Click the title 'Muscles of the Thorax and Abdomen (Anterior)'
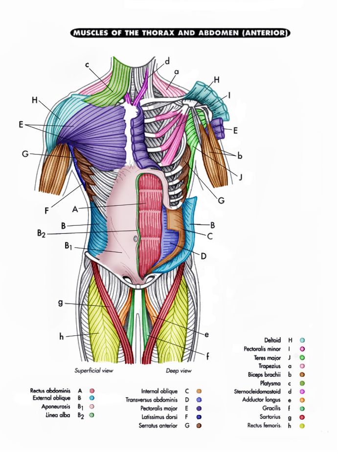click(x=180, y=33)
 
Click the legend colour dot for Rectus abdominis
click(x=92, y=391)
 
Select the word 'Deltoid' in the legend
click(x=272, y=340)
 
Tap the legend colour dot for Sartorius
click(x=302, y=417)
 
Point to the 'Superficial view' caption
click(x=94, y=370)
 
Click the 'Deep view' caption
click(x=179, y=370)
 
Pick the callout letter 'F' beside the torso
click(x=46, y=211)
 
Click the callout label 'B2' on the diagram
click(x=41, y=234)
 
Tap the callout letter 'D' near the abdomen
click(x=203, y=256)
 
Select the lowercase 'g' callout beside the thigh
click(x=61, y=303)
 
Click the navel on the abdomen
click(x=135, y=239)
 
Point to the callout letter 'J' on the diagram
click(x=240, y=176)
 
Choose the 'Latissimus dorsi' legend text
click(x=159, y=417)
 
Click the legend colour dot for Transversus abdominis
click(x=200, y=400)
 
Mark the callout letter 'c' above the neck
click(x=87, y=65)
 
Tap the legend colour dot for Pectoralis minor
click(x=302, y=349)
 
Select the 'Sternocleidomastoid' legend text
click(x=257, y=391)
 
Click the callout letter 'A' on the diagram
click(x=75, y=209)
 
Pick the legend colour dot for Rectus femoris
click(x=302, y=426)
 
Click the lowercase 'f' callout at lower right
click(x=207, y=356)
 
